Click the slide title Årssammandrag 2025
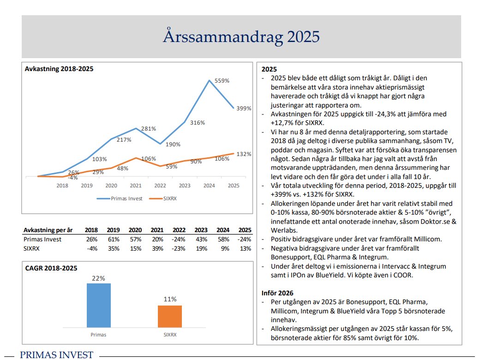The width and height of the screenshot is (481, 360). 241,36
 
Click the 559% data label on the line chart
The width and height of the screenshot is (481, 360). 222,80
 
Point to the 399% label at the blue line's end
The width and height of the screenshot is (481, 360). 244,108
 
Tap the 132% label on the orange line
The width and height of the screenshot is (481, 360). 244,154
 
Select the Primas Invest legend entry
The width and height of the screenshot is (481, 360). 120,199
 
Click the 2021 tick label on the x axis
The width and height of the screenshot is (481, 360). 136,186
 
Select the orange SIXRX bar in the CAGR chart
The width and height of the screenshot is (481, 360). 170,316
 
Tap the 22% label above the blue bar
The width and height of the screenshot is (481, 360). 99,278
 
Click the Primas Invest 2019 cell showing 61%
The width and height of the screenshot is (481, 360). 113,240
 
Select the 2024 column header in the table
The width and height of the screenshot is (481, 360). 222,230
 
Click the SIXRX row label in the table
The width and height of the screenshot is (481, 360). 32,249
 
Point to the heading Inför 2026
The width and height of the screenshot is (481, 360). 277,293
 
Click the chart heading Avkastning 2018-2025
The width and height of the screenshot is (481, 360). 59,69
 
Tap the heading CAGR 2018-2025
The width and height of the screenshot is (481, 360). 51,268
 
